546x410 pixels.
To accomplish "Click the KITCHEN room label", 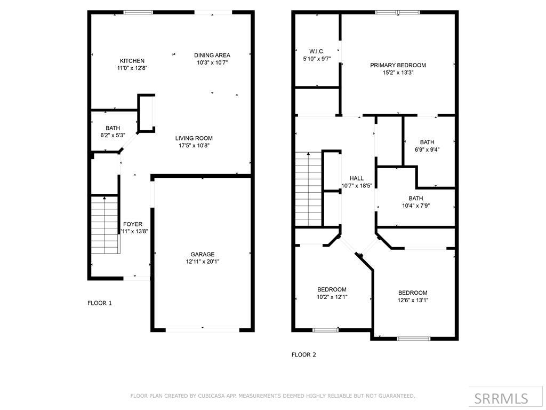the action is point(132,61).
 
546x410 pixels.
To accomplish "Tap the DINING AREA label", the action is point(212,55).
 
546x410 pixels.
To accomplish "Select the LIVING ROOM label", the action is point(194,138).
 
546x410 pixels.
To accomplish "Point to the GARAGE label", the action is point(202,254).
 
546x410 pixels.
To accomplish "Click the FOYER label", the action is point(133,224).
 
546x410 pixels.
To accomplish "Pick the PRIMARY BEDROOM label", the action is point(398,65).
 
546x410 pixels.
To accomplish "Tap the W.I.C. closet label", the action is point(317,51).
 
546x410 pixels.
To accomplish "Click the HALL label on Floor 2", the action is point(357,178).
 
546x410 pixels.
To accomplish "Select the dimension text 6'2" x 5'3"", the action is point(113,135).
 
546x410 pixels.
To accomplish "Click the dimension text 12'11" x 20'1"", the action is point(202,262).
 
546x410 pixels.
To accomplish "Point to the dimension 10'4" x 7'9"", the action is point(416,206).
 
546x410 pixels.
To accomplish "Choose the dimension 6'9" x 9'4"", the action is point(427,149).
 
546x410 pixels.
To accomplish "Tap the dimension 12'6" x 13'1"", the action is point(413,300).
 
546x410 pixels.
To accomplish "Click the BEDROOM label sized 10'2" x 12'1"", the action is point(332,289).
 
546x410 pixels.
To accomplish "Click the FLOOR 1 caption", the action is point(100,303).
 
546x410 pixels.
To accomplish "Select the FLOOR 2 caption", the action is point(303,354).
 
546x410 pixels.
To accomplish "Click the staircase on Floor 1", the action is point(105,225).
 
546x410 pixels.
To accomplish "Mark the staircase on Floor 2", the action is point(309,189).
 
